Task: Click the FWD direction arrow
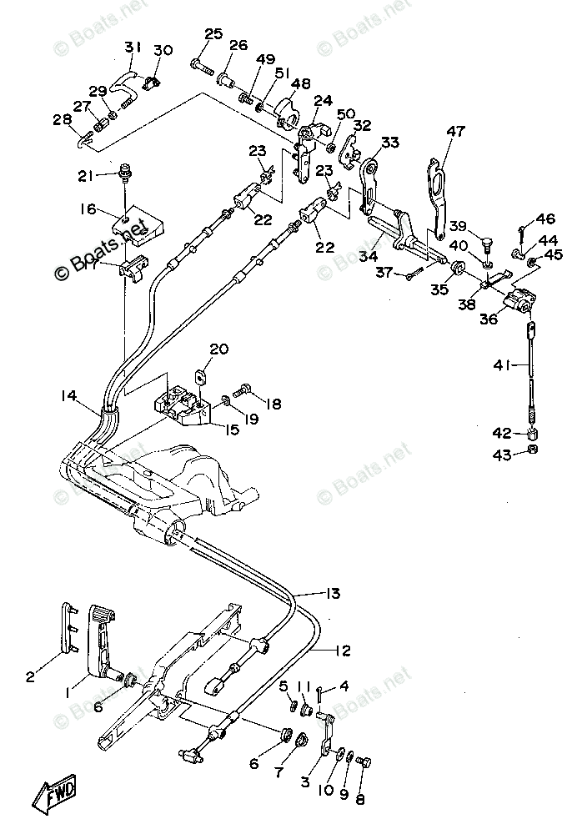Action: (58, 791)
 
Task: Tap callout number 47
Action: (455, 131)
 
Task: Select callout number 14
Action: (69, 395)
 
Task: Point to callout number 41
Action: (502, 364)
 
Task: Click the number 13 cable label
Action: (333, 593)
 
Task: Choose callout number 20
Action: (219, 349)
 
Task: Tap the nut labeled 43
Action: (532, 450)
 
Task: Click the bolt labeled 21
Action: (126, 171)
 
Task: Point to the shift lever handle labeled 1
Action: (104, 645)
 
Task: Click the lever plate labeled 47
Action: (437, 195)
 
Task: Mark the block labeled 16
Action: (137, 225)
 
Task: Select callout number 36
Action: (488, 319)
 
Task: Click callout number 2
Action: (30, 676)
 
